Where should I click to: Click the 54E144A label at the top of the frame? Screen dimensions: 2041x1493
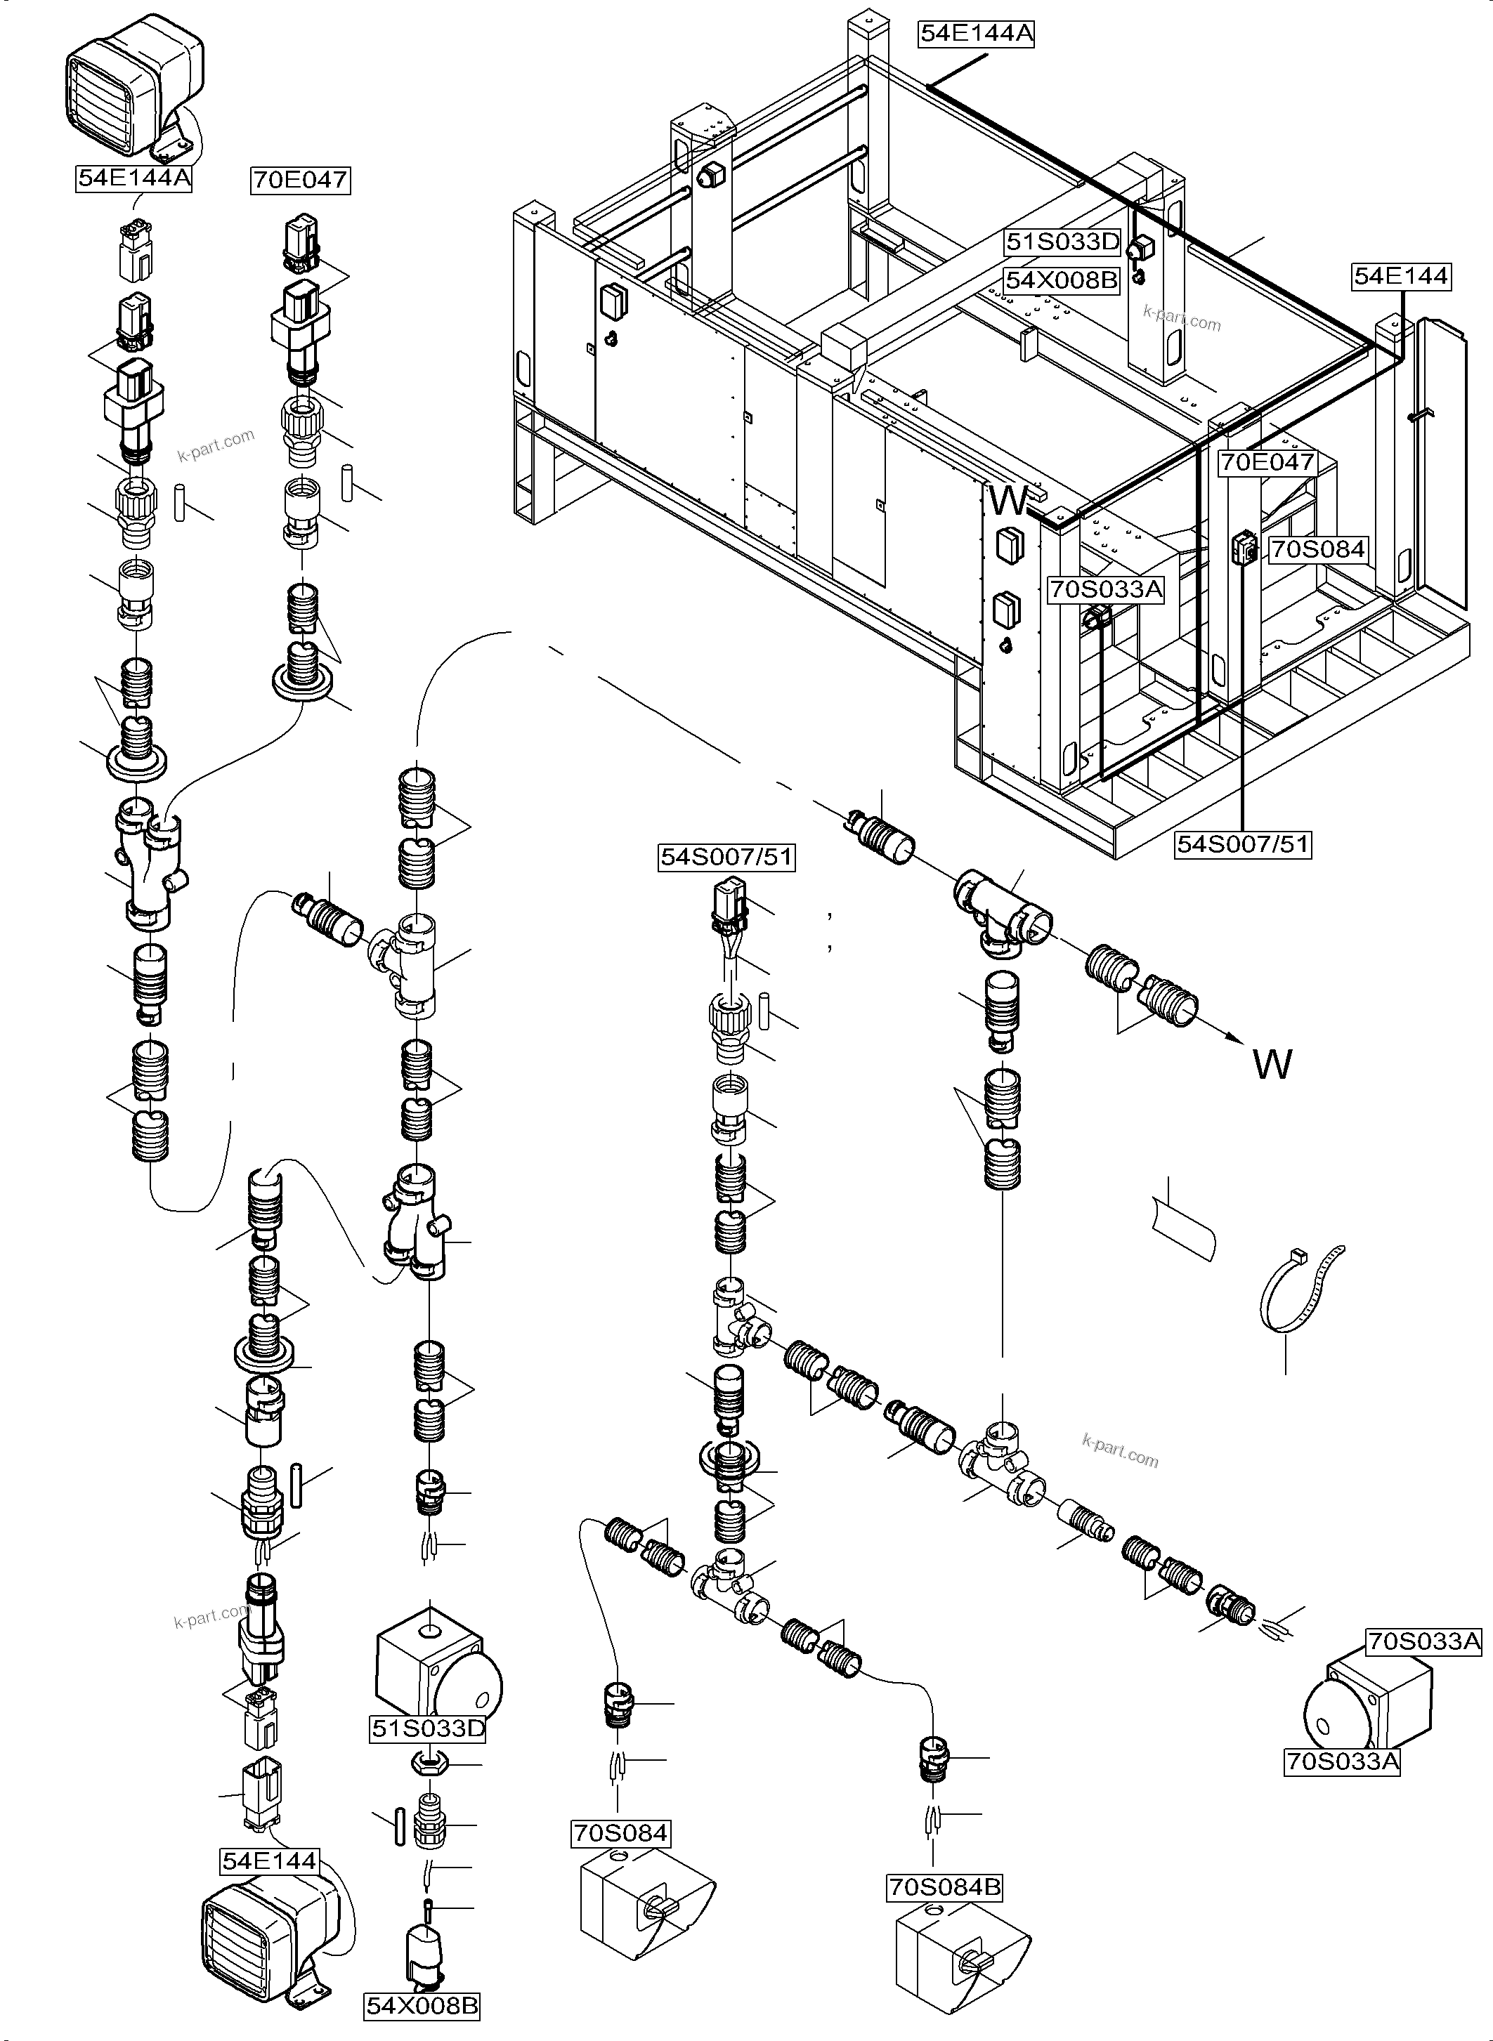point(975,34)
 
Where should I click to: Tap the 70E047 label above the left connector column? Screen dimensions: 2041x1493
point(300,180)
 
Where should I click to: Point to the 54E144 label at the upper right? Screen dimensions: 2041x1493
point(1401,275)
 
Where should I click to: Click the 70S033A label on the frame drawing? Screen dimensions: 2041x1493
point(1106,590)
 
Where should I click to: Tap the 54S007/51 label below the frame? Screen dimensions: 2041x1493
point(1243,844)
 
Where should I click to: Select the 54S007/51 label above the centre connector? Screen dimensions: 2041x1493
point(726,857)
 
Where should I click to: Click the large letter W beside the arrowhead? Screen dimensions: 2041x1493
point(1272,1064)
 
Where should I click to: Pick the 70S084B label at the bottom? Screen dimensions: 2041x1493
point(944,1887)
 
